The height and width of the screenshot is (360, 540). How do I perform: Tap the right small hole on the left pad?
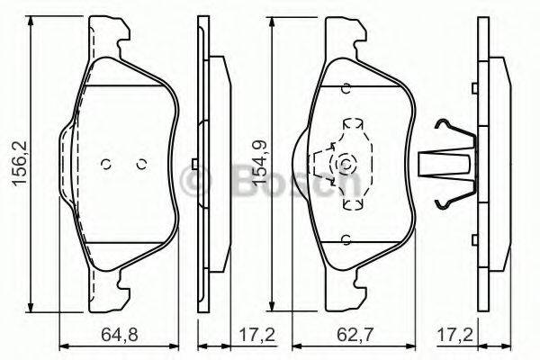coord(139,164)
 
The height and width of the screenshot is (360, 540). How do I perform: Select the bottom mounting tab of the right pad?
coord(347,287)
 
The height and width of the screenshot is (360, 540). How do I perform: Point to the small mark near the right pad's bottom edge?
coord(346,239)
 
